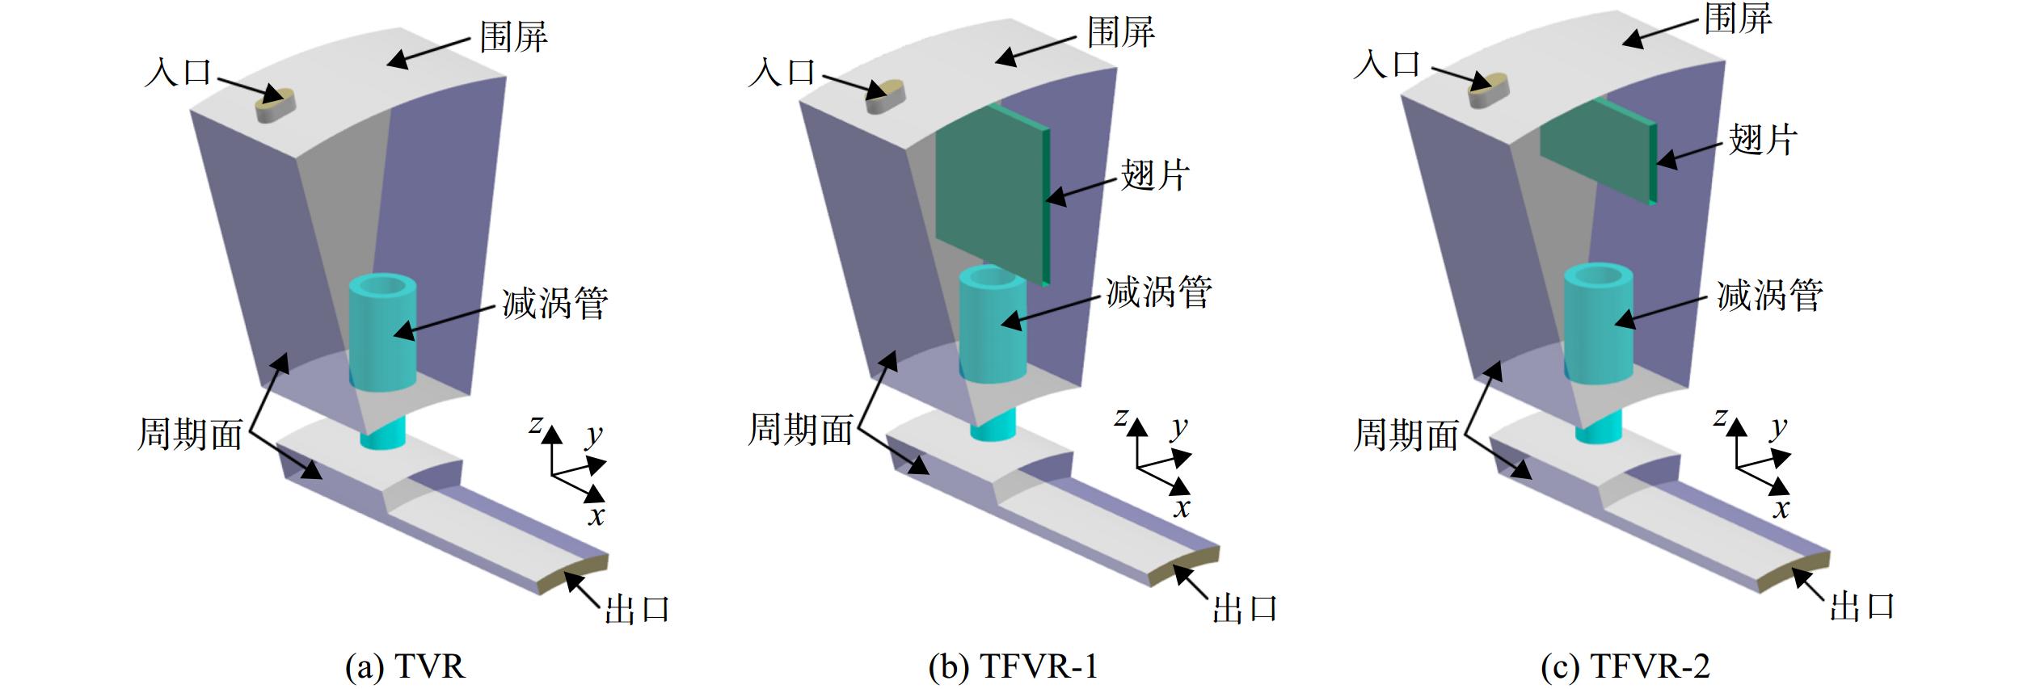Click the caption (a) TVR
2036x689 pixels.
[x=405, y=667]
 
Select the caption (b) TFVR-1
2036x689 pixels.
[x=1014, y=667]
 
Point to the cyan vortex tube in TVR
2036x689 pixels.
[x=381, y=355]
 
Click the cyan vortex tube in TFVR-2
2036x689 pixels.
[x=1598, y=347]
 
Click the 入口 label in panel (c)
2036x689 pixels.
[x=1386, y=63]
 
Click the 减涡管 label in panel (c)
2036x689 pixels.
[x=1769, y=295]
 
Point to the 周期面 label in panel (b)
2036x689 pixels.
[x=800, y=429]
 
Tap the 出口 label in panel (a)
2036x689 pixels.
[x=637, y=610]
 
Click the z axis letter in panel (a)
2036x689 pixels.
[x=535, y=424]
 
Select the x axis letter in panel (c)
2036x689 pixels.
[x=1781, y=508]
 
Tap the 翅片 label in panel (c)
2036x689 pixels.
[x=1763, y=139]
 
